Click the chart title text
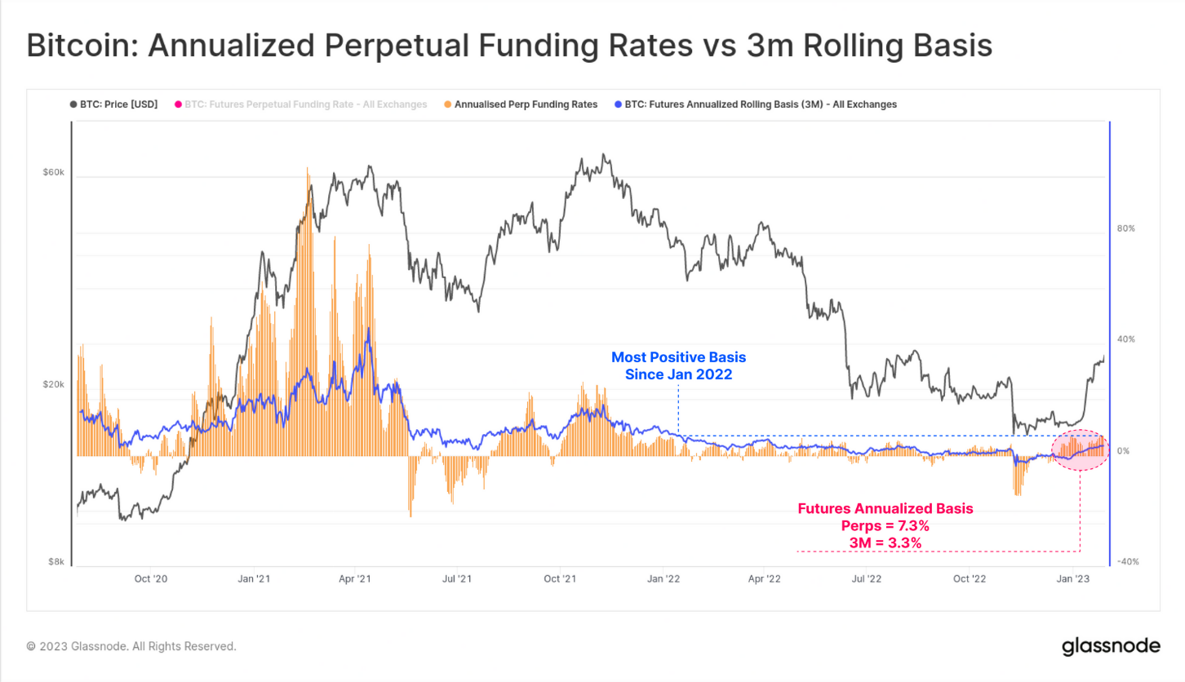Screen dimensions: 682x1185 coord(509,46)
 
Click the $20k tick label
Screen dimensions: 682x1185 coord(53,384)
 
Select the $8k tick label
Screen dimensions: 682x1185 coord(55,562)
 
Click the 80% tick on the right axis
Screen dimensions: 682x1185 coord(1125,228)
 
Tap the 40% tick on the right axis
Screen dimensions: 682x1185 coord(1125,339)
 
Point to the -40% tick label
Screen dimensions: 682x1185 coord(1126,562)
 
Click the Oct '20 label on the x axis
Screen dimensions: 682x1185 coord(151,579)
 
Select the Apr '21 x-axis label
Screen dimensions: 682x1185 coord(355,579)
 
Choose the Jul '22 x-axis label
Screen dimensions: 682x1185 coord(867,579)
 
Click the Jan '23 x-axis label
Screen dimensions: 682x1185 coord(1072,579)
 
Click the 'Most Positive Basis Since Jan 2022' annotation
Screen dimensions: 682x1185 coord(678,366)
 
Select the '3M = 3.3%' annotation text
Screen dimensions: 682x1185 coord(885,542)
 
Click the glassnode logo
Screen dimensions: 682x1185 coord(1111,646)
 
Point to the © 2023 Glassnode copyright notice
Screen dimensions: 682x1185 coord(131,646)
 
